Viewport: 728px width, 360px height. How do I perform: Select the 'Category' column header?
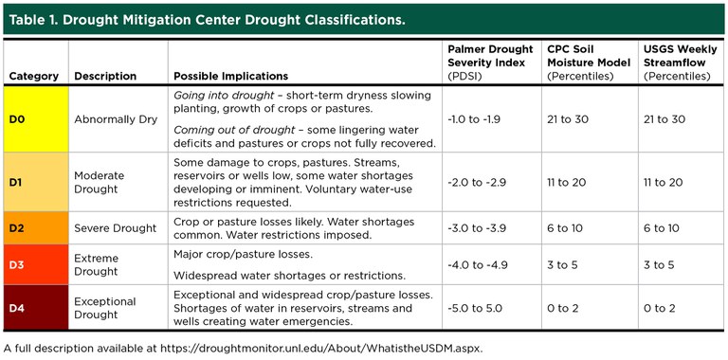click(33, 76)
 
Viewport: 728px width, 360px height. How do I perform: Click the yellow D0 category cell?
click(33, 119)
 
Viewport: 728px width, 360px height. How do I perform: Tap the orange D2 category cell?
click(33, 228)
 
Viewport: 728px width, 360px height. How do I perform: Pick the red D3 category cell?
click(33, 265)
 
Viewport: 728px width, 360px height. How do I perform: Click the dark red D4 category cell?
click(33, 308)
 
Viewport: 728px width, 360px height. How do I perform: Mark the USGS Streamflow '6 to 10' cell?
click(662, 228)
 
